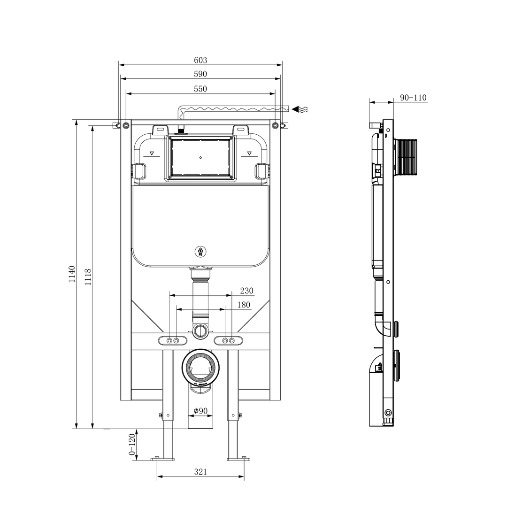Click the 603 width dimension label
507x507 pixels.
point(200,60)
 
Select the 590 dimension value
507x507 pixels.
point(200,74)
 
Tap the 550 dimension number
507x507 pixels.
point(200,89)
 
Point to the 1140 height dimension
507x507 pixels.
point(72,274)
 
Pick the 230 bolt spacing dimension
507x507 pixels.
point(246,291)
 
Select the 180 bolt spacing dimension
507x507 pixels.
point(244,305)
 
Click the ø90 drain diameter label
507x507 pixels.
point(201,411)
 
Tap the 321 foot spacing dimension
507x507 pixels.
point(200,472)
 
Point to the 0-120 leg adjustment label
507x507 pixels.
point(132,446)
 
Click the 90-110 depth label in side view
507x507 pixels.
point(413,98)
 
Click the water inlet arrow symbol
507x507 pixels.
point(300,109)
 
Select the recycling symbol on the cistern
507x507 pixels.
point(200,252)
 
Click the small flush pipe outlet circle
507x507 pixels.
point(200,330)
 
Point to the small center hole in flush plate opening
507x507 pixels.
point(200,158)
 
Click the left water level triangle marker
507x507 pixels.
point(152,153)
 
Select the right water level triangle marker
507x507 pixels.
point(249,153)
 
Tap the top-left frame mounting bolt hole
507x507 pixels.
point(126,125)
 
